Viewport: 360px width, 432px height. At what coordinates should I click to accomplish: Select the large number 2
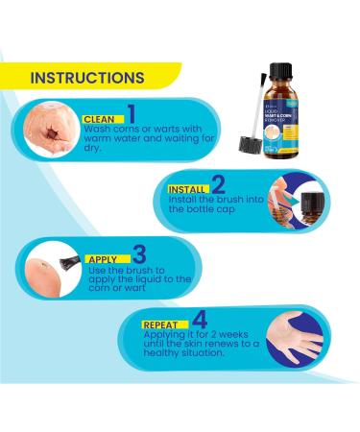219,184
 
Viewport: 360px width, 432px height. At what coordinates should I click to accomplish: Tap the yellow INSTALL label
184,189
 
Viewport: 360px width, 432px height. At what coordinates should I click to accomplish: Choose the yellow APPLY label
103,258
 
